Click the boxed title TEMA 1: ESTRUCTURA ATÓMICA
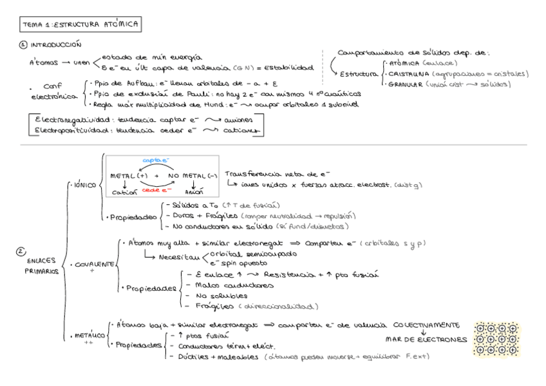[x=80, y=24]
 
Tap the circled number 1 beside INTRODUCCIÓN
[x=23, y=45]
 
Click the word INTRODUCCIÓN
[x=56, y=45]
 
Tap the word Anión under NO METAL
[x=194, y=192]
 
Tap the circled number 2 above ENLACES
[x=20, y=253]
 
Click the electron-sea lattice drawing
[x=496, y=339]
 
